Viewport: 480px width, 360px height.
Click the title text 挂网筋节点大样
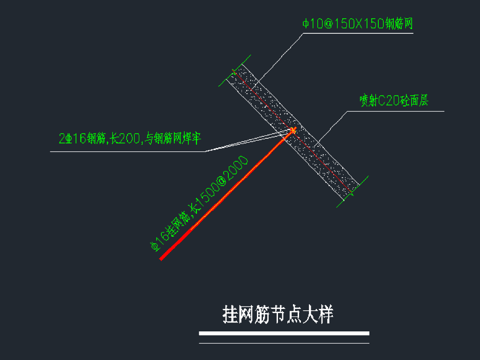tap(277, 315)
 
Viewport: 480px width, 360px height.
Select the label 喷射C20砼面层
tap(394, 101)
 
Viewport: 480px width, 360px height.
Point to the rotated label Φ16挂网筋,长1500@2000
tap(199, 204)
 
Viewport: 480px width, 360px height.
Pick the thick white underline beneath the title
tap(284, 333)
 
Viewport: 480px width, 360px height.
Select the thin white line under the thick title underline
tap(284, 343)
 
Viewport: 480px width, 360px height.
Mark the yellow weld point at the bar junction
tap(293, 129)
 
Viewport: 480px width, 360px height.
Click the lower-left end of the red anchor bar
tap(162, 258)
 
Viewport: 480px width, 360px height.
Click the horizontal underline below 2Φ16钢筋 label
tap(127, 151)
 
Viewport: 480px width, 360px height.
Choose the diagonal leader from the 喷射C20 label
tap(332, 127)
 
